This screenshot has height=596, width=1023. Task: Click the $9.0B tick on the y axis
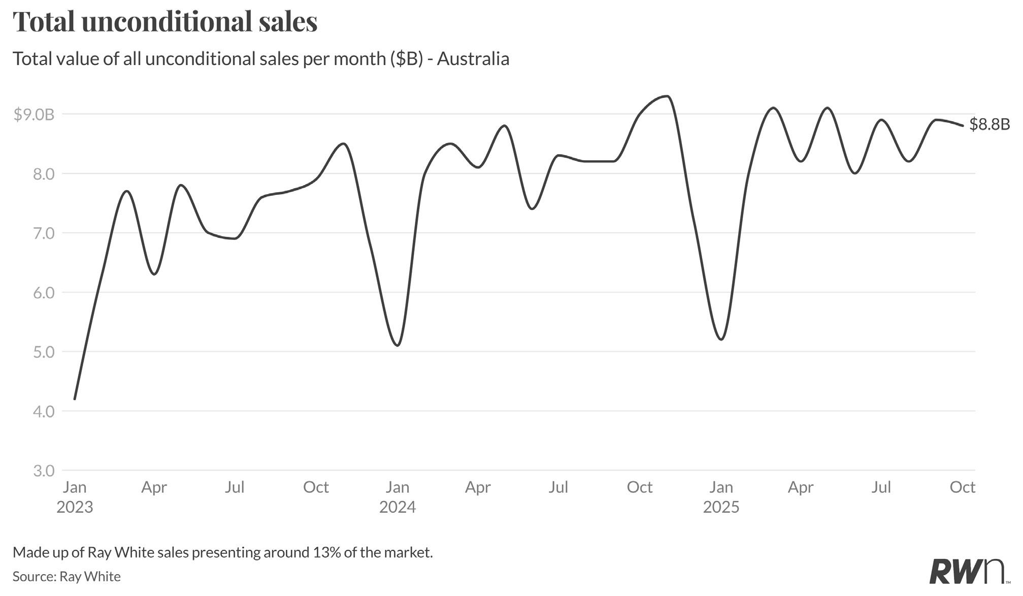[x=34, y=115]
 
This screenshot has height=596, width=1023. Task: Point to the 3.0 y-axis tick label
[x=44, y=471]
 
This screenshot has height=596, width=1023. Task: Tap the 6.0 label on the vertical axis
[x=44, y=293]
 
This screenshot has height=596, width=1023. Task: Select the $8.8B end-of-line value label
[x=989, y=124]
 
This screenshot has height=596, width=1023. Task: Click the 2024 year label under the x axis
[x=397, y=507]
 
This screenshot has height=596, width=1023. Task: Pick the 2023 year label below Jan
[x=75, y=507]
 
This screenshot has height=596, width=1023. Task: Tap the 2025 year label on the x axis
[x=721, y=507]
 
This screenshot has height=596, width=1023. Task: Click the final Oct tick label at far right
[x=962, y=487]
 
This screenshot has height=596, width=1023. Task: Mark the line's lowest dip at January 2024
[x=398, y=345]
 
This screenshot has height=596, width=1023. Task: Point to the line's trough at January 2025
[x=721, y=339]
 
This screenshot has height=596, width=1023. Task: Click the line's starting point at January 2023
[x=75, y=399]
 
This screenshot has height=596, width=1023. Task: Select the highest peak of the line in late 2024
[x=667, y=96]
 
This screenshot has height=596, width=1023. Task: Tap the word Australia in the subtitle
[x=473, y=59]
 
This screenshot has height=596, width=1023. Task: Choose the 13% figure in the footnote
[x=326, y=552]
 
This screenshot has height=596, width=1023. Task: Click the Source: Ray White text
[x=67, y=577]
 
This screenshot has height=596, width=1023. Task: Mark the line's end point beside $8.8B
[x=963, y=126]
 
